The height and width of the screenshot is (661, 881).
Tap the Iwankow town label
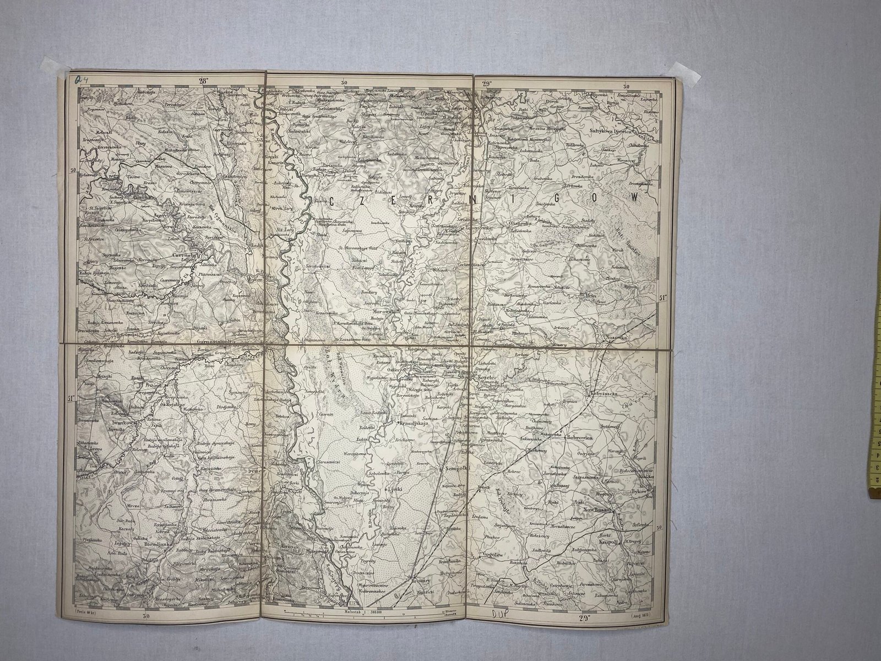(123, 423)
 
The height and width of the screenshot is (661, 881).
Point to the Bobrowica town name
(585, 437)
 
